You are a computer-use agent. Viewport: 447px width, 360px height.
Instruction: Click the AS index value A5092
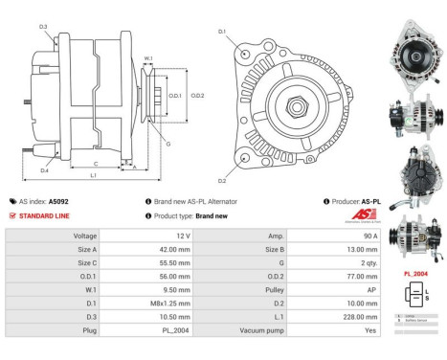pyautogui.click(x=58, y=202)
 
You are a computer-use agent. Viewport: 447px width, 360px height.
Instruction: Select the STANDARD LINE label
pyautogui.click(x=44, y=215)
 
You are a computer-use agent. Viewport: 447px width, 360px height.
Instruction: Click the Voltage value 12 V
pyautogui.click(x=184, y=235)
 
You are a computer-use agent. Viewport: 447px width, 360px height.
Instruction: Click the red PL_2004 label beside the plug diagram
pyautogui.click(x=413, y=273)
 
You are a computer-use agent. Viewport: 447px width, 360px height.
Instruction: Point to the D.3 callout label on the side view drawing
pyautogui.click(x=43, y=26)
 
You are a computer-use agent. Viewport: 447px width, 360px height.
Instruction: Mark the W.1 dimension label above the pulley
pyautogui.click(x=148, y=59)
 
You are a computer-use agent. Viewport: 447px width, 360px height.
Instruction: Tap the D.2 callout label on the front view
pyautogui.click(x=221, y=180)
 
